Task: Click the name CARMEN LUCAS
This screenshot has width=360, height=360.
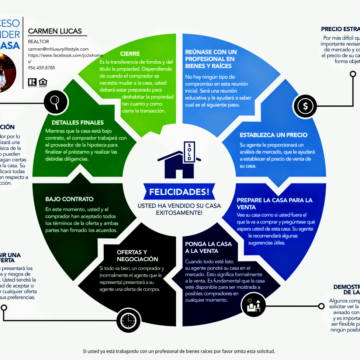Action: [55, 31]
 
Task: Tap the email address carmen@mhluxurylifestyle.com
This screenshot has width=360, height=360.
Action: [58, 49]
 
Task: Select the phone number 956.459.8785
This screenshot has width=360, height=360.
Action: [41, 68]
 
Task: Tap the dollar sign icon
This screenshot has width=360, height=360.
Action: [305, 106]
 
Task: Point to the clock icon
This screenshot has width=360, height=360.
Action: [128, 319]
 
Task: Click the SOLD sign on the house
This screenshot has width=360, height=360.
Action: [189, 151]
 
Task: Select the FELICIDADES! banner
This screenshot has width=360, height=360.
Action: [179, 192]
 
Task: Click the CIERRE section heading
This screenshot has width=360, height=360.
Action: [130, 54]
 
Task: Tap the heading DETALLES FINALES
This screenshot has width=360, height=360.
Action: [78, 123]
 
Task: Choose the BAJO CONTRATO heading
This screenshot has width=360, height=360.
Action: [69, 199]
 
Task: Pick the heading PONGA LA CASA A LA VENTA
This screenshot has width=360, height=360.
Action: [208, 247]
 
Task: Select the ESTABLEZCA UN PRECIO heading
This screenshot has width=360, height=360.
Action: [273, 135]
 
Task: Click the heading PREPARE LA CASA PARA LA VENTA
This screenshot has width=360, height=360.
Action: [274, 203]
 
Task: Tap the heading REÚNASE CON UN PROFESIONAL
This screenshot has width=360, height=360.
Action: [211, 59]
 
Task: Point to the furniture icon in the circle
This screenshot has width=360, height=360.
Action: [253, 305]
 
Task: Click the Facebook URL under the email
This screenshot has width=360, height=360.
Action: [66, 55]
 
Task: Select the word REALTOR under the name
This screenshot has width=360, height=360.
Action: [38, 41]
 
